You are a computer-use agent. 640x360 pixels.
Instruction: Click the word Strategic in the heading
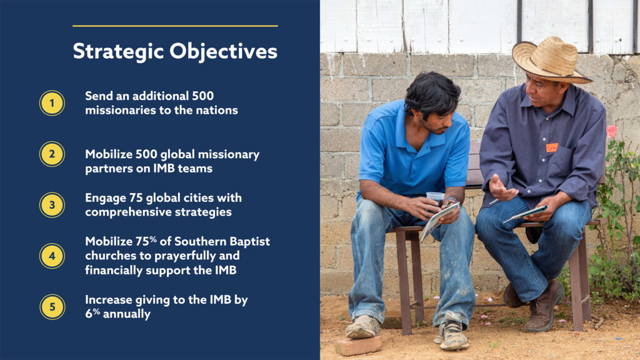[118, 52]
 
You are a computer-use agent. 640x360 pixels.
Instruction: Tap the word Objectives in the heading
[223, 52]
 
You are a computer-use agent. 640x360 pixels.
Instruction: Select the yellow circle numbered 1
[52, 103]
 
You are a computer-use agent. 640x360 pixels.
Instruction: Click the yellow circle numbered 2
[52, 154]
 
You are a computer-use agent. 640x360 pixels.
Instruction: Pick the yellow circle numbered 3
[52, 205]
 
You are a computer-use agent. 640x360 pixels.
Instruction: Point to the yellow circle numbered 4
[52, 256]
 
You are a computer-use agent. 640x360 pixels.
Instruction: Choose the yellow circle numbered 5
[52, 307]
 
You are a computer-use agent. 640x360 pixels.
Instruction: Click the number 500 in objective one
[203, 96]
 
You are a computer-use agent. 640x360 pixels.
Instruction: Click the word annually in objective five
[126, 314]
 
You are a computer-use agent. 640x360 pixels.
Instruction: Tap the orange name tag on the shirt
[552, 147]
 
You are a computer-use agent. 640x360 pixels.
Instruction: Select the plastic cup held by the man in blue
[436, 199]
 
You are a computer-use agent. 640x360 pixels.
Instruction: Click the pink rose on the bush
[611, 132]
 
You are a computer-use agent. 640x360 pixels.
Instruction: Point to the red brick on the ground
[358, 345]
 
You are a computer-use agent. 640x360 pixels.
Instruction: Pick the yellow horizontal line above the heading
[175, 26]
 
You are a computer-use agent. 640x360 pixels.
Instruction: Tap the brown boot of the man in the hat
[544, 306]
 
